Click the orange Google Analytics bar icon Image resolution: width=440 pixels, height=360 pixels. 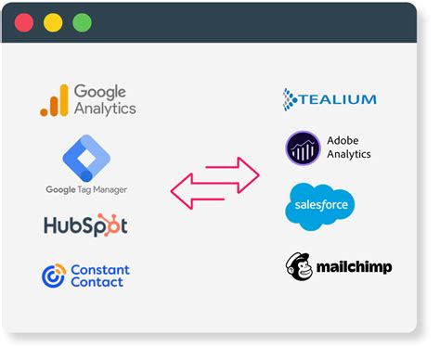click(55, 100)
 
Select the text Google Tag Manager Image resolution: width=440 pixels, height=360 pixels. click(86, 189)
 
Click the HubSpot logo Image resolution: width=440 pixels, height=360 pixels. click(85, 225)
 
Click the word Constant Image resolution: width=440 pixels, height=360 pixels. click(99, 269)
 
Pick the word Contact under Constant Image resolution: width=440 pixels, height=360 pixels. click(97, 282)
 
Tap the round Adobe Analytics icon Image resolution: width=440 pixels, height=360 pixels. click(303, 148)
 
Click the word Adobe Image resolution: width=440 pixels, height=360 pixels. click(343, 141)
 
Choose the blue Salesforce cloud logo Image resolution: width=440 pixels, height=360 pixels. click(319, 204)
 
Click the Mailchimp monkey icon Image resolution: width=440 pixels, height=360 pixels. click(299, 266)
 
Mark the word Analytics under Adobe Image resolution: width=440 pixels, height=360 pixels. click(349, 155)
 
